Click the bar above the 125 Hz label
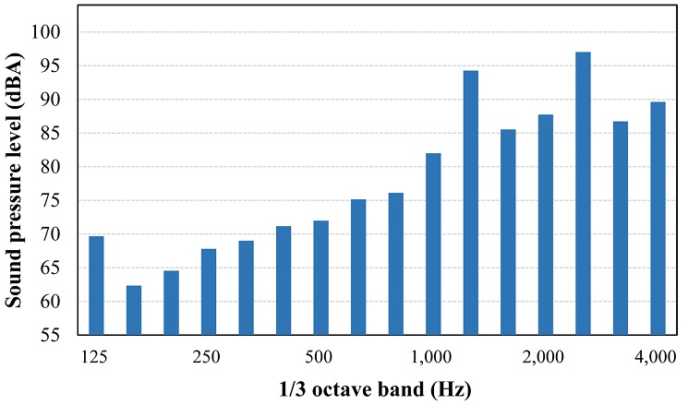coord(96,285)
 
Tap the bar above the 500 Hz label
coord(320,278)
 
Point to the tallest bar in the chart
coord(583,193)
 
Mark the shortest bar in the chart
coord(134,310)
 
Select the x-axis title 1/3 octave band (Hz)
coord(376,387)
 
